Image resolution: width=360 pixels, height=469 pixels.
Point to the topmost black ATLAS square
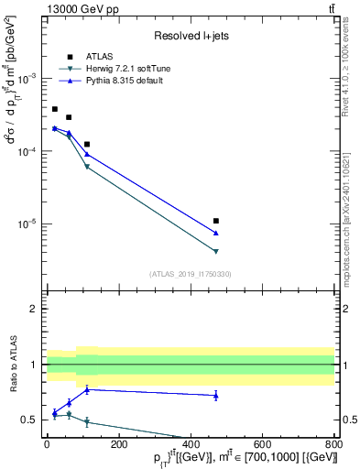pos(55,109)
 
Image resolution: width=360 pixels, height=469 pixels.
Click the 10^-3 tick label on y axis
pos(31,79)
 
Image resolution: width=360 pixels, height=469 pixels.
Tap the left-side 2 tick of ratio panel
pos(36,309)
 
